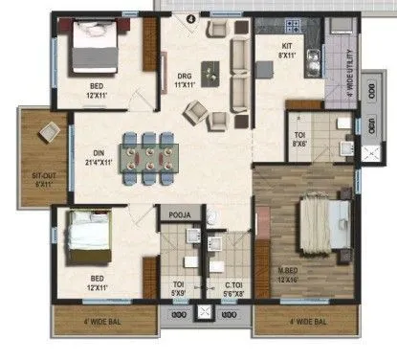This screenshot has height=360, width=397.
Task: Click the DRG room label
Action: (185, 82)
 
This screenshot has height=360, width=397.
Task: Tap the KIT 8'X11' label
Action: (286, 50)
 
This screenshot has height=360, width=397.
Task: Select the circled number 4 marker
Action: (189, 17)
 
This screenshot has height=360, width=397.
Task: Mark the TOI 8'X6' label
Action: (299, 140)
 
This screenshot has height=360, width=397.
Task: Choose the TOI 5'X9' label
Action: (178, 288)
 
